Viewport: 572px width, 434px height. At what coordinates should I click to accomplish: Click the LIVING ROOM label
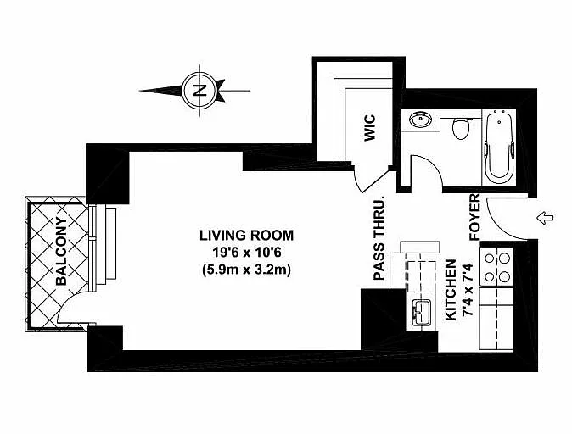pos(247,236)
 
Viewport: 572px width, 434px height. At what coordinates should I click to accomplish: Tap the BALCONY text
pos(62,251)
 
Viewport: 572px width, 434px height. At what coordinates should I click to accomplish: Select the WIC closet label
pos(369,128)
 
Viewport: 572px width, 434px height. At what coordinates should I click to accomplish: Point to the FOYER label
pos(474,217)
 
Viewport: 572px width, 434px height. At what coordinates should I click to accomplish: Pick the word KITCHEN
pos(451,290)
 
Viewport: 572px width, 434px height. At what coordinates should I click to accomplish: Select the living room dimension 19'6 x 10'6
pos(247,253)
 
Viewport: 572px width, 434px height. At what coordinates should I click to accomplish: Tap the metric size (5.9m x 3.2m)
pos(247,270)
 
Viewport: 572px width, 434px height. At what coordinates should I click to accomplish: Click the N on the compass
pos(199,90)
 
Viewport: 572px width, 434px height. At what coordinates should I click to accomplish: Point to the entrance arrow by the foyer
pos(545,219)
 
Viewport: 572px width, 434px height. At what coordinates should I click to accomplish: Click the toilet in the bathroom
pos(461,128)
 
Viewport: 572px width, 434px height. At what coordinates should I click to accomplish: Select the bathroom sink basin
pos(420,120)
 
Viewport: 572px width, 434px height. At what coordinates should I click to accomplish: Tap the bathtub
pos(499,147)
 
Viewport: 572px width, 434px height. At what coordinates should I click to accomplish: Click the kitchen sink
pos(421,313)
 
